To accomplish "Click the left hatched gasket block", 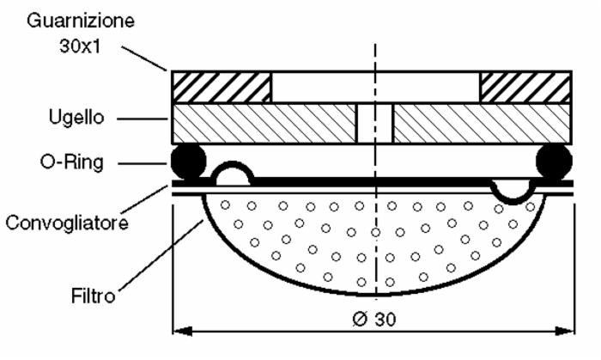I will pos(222,88).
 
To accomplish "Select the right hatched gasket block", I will pos(525,88).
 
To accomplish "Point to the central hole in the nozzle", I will pos(374,123).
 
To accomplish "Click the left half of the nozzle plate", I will pos(264,123).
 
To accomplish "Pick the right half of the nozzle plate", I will pos(481,123).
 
